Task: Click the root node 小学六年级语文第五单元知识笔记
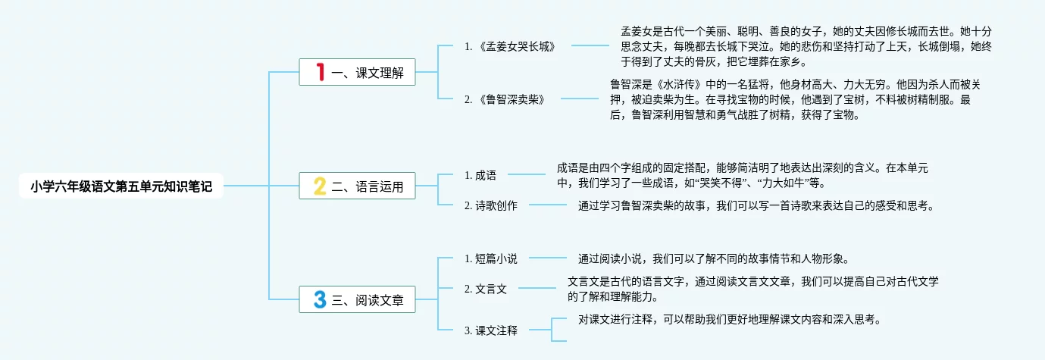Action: [121, 185]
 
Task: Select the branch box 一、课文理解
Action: [357, 73]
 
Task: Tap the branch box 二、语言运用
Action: [357, 186]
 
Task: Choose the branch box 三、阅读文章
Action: [357, 300]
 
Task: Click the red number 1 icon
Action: [321, 73]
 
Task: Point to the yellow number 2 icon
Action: [320, 186]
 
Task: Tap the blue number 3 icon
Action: [320, 300]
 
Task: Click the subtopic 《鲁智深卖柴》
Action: [505, 99]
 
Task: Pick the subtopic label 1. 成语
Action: [480, 175]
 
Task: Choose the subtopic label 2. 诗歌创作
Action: [491, 205]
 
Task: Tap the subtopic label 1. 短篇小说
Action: [491, 258]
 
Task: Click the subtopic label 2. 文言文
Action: [486, 289]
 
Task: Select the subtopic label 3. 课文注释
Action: [491, 330]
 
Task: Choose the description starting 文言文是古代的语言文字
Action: [753, 289]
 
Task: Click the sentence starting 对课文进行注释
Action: [731, 319]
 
